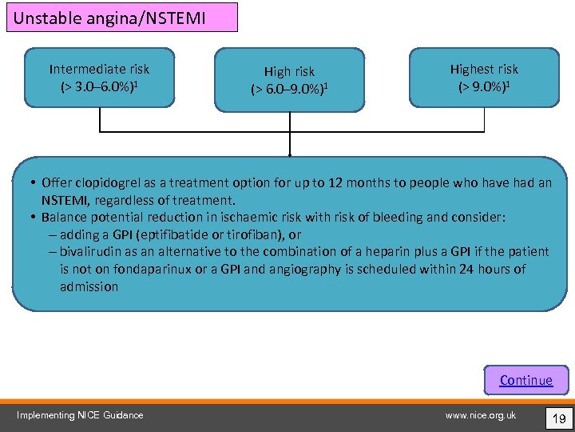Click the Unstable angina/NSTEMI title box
(122, 17)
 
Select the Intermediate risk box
(99, 78)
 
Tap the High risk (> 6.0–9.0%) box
(289, 80)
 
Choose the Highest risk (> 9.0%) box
(484, 78)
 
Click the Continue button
(525, 380)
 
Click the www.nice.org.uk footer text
(481, 414)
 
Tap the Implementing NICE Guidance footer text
(81, 414)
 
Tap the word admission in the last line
(89, 286)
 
